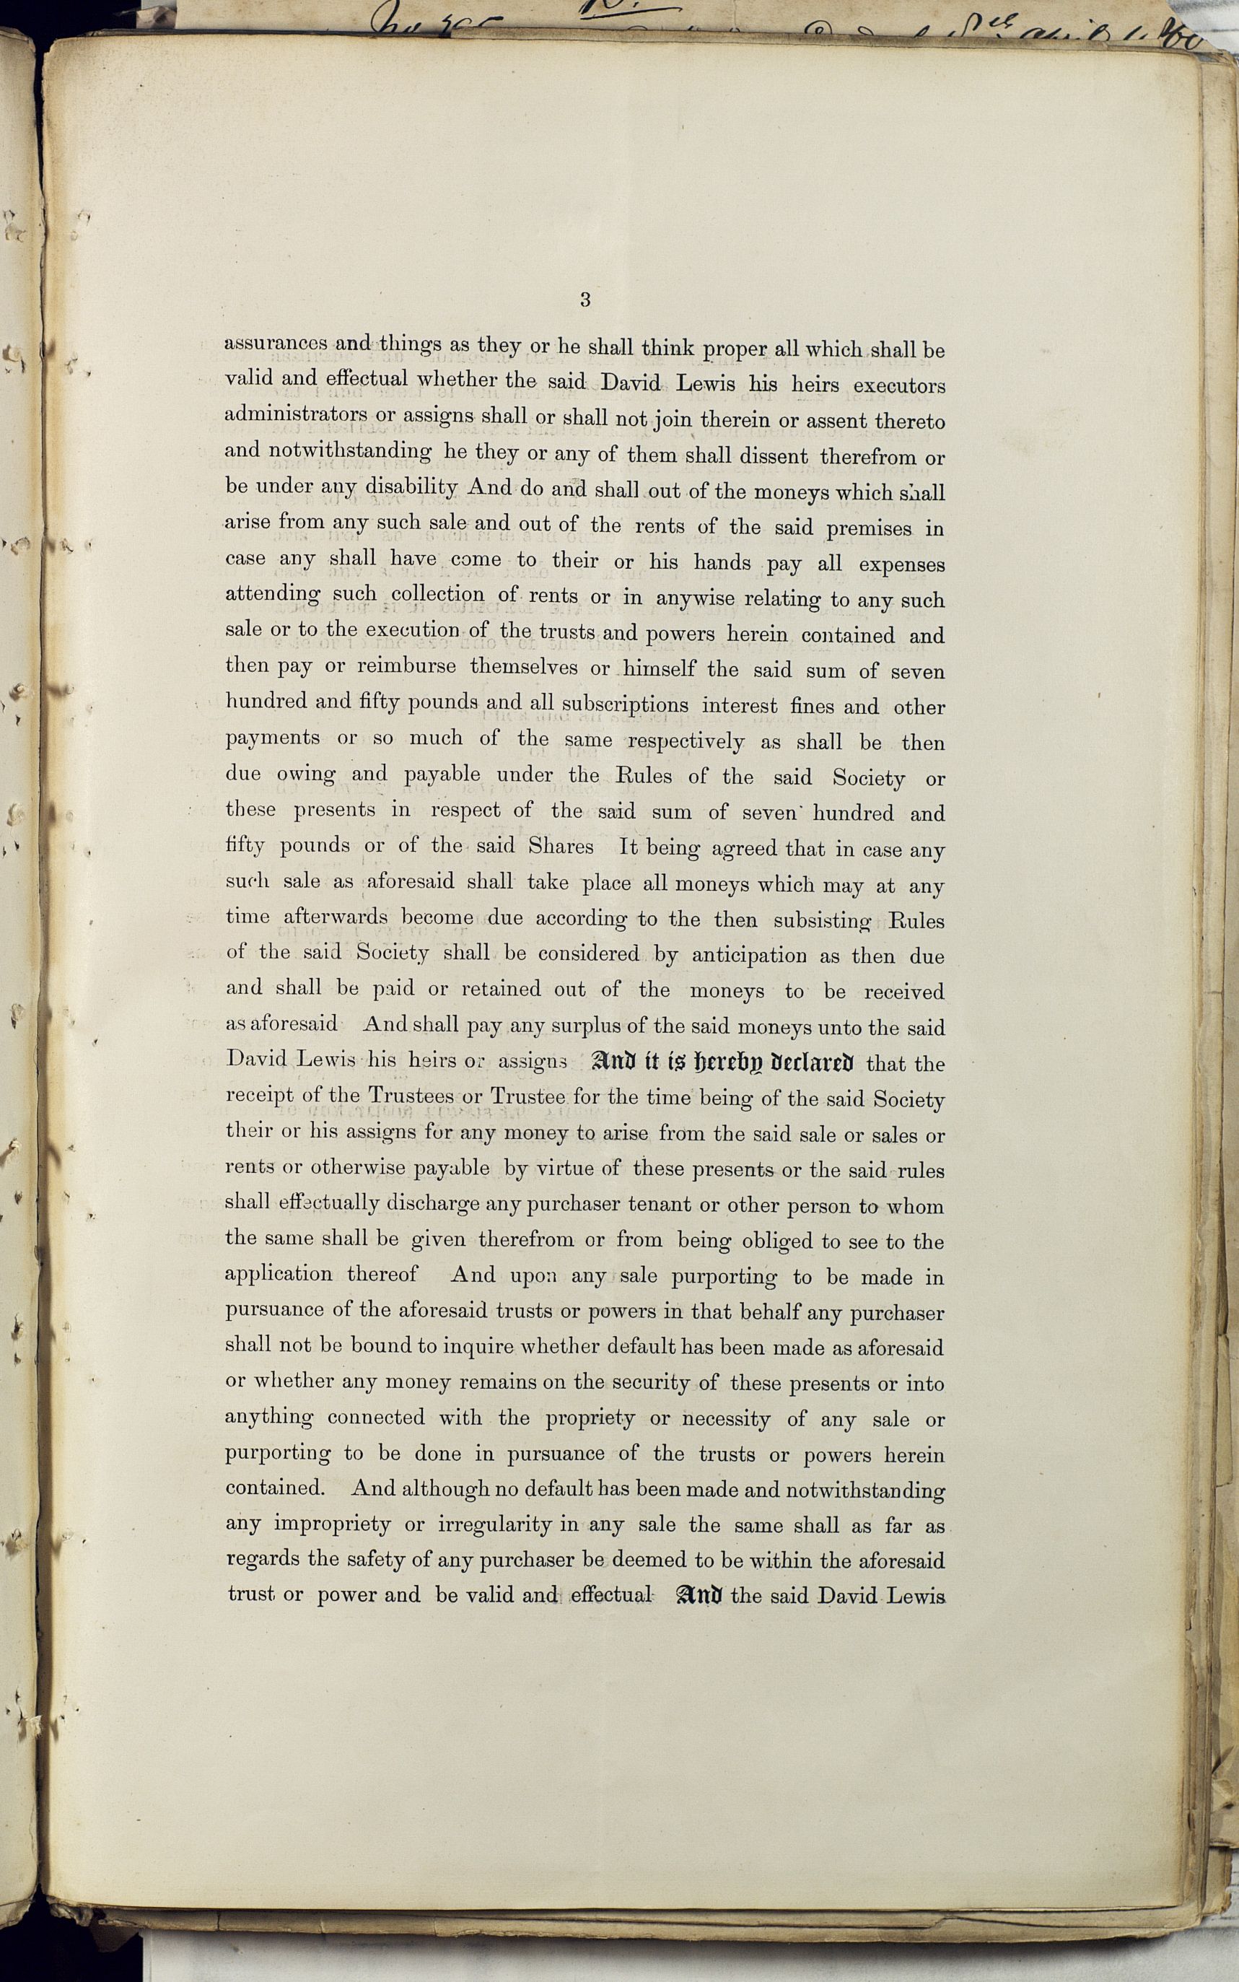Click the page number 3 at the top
[585, 300]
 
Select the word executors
[899, 385]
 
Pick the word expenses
[901, 566]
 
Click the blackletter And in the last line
[699, 1596]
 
